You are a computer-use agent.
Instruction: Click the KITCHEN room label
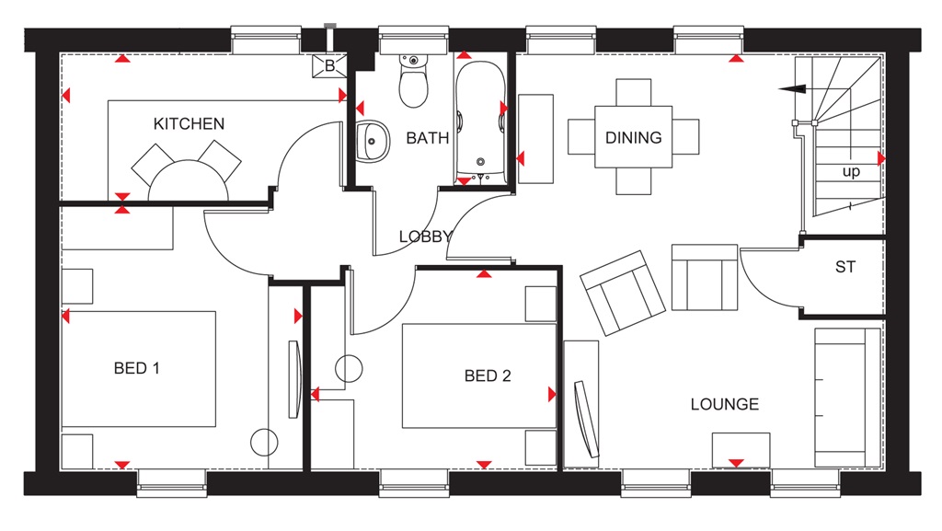coord(189,123)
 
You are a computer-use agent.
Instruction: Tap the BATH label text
coord(428,139)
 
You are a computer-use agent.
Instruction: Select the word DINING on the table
coord(633,138)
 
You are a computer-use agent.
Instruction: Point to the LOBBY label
coord(425,237)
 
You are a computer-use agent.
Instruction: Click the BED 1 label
coord(137,368)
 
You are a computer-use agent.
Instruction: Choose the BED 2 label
coord(488,375)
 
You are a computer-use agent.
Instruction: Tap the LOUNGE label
coord(725,404)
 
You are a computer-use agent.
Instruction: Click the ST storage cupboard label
coord(844,268)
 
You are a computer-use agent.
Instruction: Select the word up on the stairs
coord(851,172)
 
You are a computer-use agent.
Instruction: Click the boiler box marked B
coord(329,64)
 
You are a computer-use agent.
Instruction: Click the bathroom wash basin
coord(372,141)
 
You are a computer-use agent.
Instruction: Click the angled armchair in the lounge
coord(623,292)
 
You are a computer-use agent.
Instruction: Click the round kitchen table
coord(189,180)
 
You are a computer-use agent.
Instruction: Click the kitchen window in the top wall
coord(267,40)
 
